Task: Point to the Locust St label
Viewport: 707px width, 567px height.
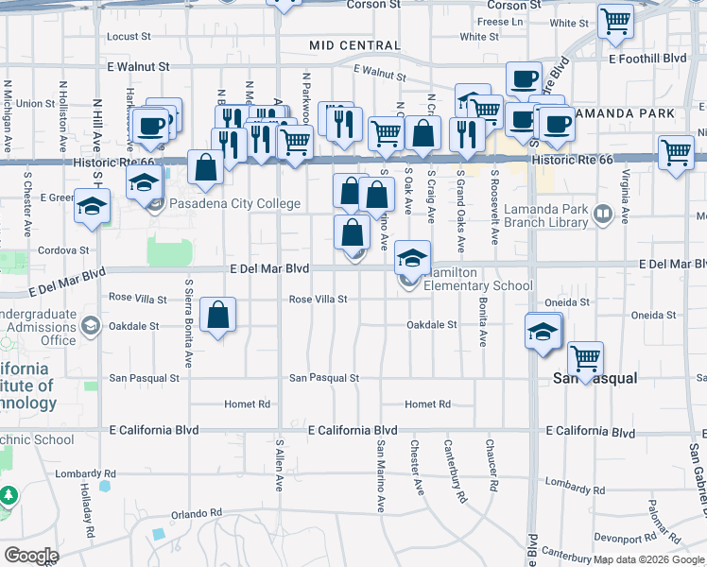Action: pos(129,37)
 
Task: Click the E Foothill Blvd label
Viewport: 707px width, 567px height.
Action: pos(647,58)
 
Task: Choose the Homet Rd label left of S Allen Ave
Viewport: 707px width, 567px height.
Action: pos(247,404)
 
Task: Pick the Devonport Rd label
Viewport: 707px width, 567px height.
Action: pos(626,537)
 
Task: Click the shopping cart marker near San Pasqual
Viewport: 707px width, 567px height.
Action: pos(586,359)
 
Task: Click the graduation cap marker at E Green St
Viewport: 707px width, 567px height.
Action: pos(92,206)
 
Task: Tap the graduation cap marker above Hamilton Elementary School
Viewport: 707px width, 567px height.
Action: pos(411,256)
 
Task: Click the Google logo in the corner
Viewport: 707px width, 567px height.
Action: pos(31,555)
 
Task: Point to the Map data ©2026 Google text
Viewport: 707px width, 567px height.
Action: pos(648,559)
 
